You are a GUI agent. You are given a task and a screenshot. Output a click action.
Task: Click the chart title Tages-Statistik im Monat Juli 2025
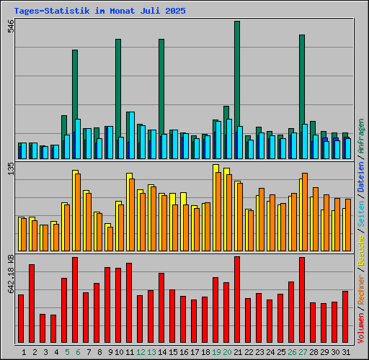[99, 12]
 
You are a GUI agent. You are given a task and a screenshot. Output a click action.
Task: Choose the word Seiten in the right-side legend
[361, 212]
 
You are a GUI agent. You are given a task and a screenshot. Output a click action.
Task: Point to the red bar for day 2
[32, 303]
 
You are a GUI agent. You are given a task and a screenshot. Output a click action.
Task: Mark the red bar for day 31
[345, 317]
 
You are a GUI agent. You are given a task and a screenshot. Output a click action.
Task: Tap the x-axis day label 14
[162, 352]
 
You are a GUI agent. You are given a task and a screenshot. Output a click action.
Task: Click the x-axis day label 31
[346, 352]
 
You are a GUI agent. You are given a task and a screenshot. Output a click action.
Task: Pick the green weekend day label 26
[292, 352]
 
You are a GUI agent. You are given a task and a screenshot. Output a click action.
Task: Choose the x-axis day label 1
[25, 352]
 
